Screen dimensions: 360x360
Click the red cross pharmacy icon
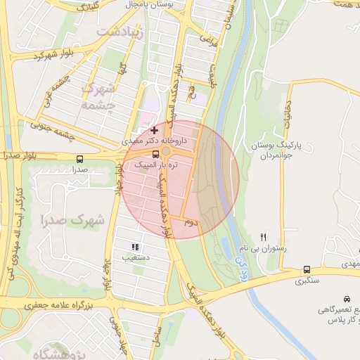point(154,130)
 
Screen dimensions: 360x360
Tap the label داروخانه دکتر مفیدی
point(150,141)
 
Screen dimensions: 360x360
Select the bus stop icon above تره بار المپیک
point(155,154)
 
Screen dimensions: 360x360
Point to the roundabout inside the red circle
point(167,150)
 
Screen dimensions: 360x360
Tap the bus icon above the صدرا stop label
point(79,159)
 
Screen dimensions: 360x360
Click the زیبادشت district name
point(120,32)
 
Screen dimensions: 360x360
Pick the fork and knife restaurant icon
point(264,237)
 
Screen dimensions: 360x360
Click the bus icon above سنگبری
point(307,269)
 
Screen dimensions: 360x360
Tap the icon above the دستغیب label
point(135,247)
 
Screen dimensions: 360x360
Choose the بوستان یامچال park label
point(154,5)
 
